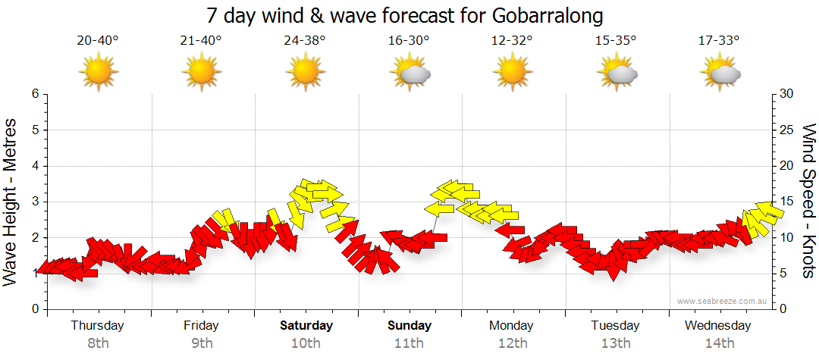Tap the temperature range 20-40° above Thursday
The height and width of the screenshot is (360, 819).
click(98, 40)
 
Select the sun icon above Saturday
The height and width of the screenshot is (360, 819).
click(306, 72)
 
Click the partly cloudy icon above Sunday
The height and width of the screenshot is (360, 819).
click(410, 73)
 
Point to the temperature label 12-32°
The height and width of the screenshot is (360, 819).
click(513, 40)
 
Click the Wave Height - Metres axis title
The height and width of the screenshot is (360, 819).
click(11, 202)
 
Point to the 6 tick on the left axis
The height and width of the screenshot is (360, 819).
click(34, 94)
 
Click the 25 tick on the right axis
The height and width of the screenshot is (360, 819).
click(786, 130)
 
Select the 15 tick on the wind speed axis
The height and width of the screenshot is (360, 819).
click(786, 202)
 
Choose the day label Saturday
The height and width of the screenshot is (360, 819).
click(306, 326)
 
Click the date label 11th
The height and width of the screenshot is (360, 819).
click(409, 343)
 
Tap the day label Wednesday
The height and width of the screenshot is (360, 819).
click(717, 326)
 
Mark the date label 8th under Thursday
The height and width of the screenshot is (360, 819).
click(98, 343)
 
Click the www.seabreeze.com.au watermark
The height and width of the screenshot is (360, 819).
click(723, 301)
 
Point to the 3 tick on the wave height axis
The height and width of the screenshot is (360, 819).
click(34, 202)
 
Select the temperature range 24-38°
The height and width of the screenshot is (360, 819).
click(305, 40)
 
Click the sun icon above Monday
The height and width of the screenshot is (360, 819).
click(513, 72)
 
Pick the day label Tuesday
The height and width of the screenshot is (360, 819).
click(616, 326)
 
